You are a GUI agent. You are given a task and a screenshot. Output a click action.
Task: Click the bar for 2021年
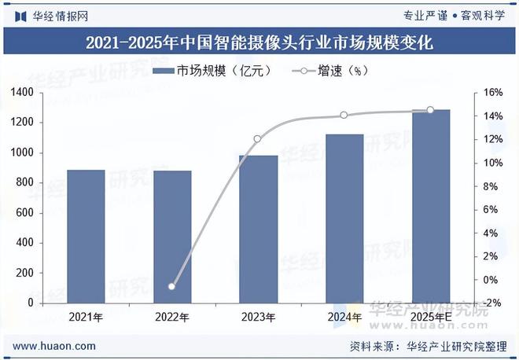click(86, 236)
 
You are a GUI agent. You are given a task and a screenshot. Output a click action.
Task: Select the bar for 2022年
click(172, 237)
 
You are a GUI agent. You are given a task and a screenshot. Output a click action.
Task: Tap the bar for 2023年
click(258, 229)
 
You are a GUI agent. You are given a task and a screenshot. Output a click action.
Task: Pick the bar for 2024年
click(344, 218)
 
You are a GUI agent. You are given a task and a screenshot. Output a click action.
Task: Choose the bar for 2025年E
click(431, 206)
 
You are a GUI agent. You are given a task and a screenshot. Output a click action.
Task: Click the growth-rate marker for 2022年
click(171, 286)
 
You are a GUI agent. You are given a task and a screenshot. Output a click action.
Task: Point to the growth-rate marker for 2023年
click(257, 139)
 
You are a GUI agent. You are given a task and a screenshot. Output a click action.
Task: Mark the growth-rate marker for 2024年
click(344, 115)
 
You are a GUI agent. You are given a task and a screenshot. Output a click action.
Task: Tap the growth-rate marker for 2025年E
click(430, 110)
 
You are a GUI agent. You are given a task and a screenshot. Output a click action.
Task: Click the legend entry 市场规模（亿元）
click(212, 71)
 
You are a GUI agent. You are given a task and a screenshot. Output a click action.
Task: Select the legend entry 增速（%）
click(330, 71)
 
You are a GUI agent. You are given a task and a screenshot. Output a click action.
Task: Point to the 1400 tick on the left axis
click(21, 93)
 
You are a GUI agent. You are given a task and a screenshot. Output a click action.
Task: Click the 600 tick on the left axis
click(24, 212)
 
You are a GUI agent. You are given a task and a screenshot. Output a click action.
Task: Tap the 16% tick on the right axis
click(493, 93)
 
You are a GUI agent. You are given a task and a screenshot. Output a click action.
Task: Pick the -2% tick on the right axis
click(493, 303)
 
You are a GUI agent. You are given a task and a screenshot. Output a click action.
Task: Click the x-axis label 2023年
click(258, 318)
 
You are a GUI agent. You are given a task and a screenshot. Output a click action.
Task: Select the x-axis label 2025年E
click(431, 318)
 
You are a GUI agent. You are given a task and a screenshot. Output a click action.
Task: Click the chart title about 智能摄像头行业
click(259, 42)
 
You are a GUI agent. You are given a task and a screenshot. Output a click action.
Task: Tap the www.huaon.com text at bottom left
click(55, 346)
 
